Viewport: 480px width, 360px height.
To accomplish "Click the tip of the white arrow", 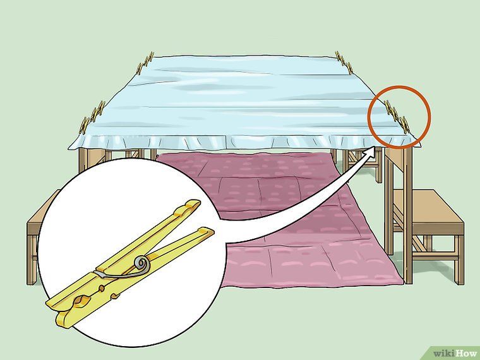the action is click(377, 147).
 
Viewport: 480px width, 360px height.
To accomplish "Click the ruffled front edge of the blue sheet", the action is click(242, 141).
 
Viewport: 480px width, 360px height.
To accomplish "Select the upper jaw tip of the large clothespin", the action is click(198, 203).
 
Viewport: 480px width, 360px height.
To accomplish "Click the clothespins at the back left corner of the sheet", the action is click(145, 63).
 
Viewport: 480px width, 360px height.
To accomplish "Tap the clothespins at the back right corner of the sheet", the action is click(344, 63).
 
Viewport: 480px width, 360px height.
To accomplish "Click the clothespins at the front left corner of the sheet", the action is click(92, 117).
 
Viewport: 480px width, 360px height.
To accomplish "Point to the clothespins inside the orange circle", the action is click(397, 116).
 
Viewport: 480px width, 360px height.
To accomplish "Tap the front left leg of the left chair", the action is click(32, 260).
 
